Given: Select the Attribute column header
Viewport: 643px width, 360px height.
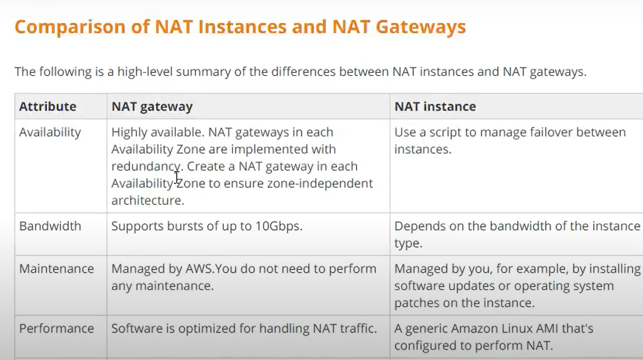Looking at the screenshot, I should [x=48, y=107].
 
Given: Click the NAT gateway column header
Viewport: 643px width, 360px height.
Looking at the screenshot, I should [x=152, y=107].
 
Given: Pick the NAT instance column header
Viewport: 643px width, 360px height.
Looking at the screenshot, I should [x=435, y=107].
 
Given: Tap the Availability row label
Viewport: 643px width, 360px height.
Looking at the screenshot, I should [x=50, y=132].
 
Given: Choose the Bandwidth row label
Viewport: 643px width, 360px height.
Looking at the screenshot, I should [x=50, y=226].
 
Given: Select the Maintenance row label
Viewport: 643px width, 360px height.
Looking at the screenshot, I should [x=56, y=269].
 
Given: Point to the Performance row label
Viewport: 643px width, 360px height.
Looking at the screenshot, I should [x=56, y=328].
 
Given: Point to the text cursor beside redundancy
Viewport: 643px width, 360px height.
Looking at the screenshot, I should [x=177, y=177].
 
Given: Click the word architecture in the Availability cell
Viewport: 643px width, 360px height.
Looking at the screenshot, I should [x=147, y=201].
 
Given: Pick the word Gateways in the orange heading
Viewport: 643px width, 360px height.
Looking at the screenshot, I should [x=421, y=27].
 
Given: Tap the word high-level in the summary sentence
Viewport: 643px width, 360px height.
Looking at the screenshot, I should [x=145, y=71].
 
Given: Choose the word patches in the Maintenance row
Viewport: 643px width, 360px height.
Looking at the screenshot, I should [x=413, y=303].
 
